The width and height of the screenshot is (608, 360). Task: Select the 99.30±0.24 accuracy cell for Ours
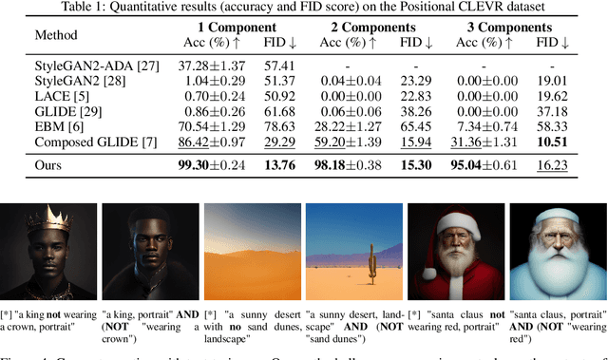coord(218,164)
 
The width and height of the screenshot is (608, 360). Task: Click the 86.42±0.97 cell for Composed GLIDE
coord(218,142)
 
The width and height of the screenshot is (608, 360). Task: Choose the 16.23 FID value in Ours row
coord(551,164)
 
